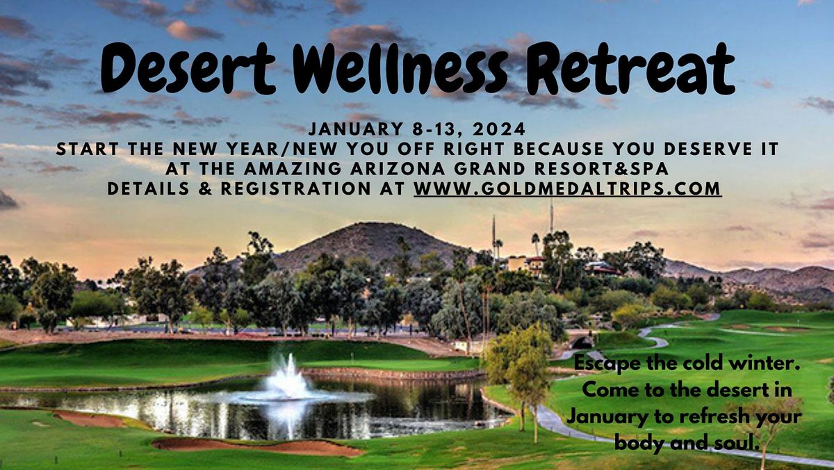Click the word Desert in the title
[188, 68]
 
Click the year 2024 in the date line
[499, 129]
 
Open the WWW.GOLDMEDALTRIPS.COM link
[567, 188]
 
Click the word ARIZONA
[398, 169]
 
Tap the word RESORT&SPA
[601, 169]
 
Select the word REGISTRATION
[295, 188]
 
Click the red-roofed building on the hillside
[600, 268]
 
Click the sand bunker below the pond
[257, 447]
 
